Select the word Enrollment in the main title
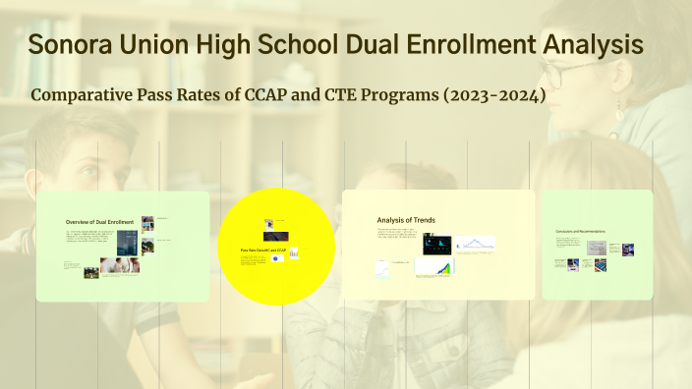tap(434, 44)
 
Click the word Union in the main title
tap(160, 44)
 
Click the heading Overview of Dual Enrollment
tap(99, 222)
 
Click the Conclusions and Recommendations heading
tap(580, 232)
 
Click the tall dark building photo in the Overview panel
tap(126, 242)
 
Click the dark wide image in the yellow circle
tap(275, 237)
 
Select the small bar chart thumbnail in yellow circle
tap(294, 253)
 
